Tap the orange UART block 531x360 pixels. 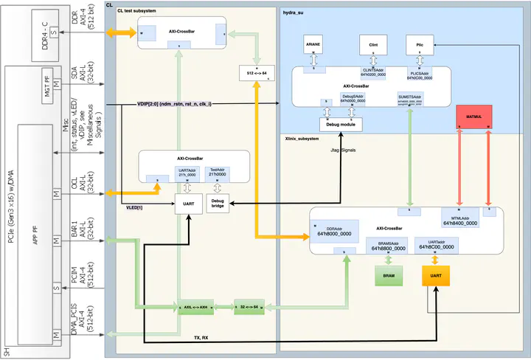tap(436, 277)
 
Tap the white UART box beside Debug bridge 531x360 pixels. tap(188, 204)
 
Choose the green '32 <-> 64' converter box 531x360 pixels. tap(249, 306)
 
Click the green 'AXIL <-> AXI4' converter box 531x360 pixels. tap(195, 306)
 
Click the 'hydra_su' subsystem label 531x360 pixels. tap(295, 13)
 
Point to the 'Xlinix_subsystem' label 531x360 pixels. tap(302, 138)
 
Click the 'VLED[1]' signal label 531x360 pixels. tap(135, 208)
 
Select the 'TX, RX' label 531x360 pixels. tap(201, 337)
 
